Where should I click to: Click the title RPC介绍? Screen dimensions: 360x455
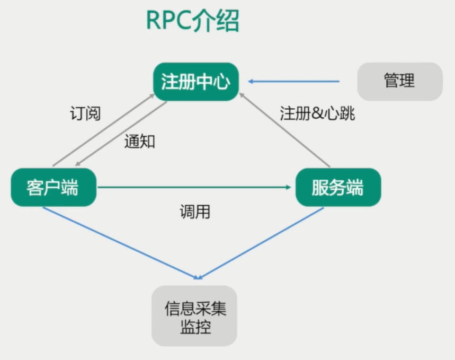pos(192,22)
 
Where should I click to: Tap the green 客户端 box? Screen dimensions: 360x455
pos(53,187)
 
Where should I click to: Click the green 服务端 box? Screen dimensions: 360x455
pos(338,187)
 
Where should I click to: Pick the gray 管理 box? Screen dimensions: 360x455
pos(399,81)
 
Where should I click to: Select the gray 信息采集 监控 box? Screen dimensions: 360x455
pos(195,317)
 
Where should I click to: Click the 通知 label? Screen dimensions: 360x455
pos(140,141)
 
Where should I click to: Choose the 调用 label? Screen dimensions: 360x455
pos(194,212)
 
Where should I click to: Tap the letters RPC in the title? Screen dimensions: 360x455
pos(168,22)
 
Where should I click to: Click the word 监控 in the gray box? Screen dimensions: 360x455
pos(195,327)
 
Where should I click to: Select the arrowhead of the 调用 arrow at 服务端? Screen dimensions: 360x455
pos(289,187)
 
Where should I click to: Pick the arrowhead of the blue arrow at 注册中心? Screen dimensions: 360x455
pos(251,82)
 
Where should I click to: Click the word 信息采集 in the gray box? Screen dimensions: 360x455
pos(195,308)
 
